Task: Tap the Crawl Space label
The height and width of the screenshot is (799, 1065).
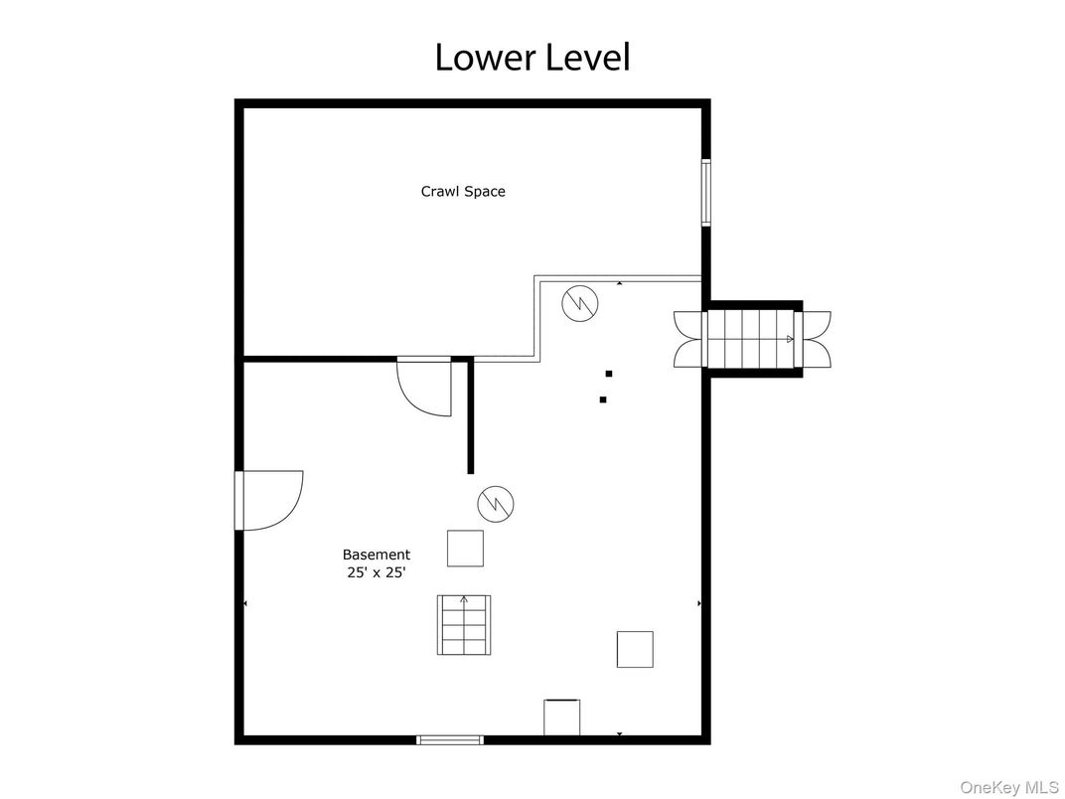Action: click(463, 191)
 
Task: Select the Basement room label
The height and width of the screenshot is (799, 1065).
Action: click(376, 555)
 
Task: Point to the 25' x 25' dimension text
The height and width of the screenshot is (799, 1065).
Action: click(376, 572)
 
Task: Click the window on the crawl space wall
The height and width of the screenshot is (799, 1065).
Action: click(706, 192)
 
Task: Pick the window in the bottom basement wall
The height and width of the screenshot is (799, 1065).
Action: click(449, 739)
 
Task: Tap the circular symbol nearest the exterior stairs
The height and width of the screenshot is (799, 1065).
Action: click(579, 302)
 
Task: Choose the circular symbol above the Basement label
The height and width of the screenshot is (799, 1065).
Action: click(496, 504)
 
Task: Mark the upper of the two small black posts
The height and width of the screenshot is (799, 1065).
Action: click(609, 374)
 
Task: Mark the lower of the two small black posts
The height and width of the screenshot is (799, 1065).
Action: click(603, 399)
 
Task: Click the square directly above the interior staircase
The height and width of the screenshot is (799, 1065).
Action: click(465, 549)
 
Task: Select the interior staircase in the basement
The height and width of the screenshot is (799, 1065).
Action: click(464, 625)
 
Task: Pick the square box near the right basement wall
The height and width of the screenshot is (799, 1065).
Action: click(635, 649)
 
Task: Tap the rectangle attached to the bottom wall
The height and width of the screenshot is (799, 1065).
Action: click(561, 718)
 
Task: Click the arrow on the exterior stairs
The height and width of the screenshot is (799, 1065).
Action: click(790, 339)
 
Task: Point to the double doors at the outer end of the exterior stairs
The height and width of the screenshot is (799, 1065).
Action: click(817, 339)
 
